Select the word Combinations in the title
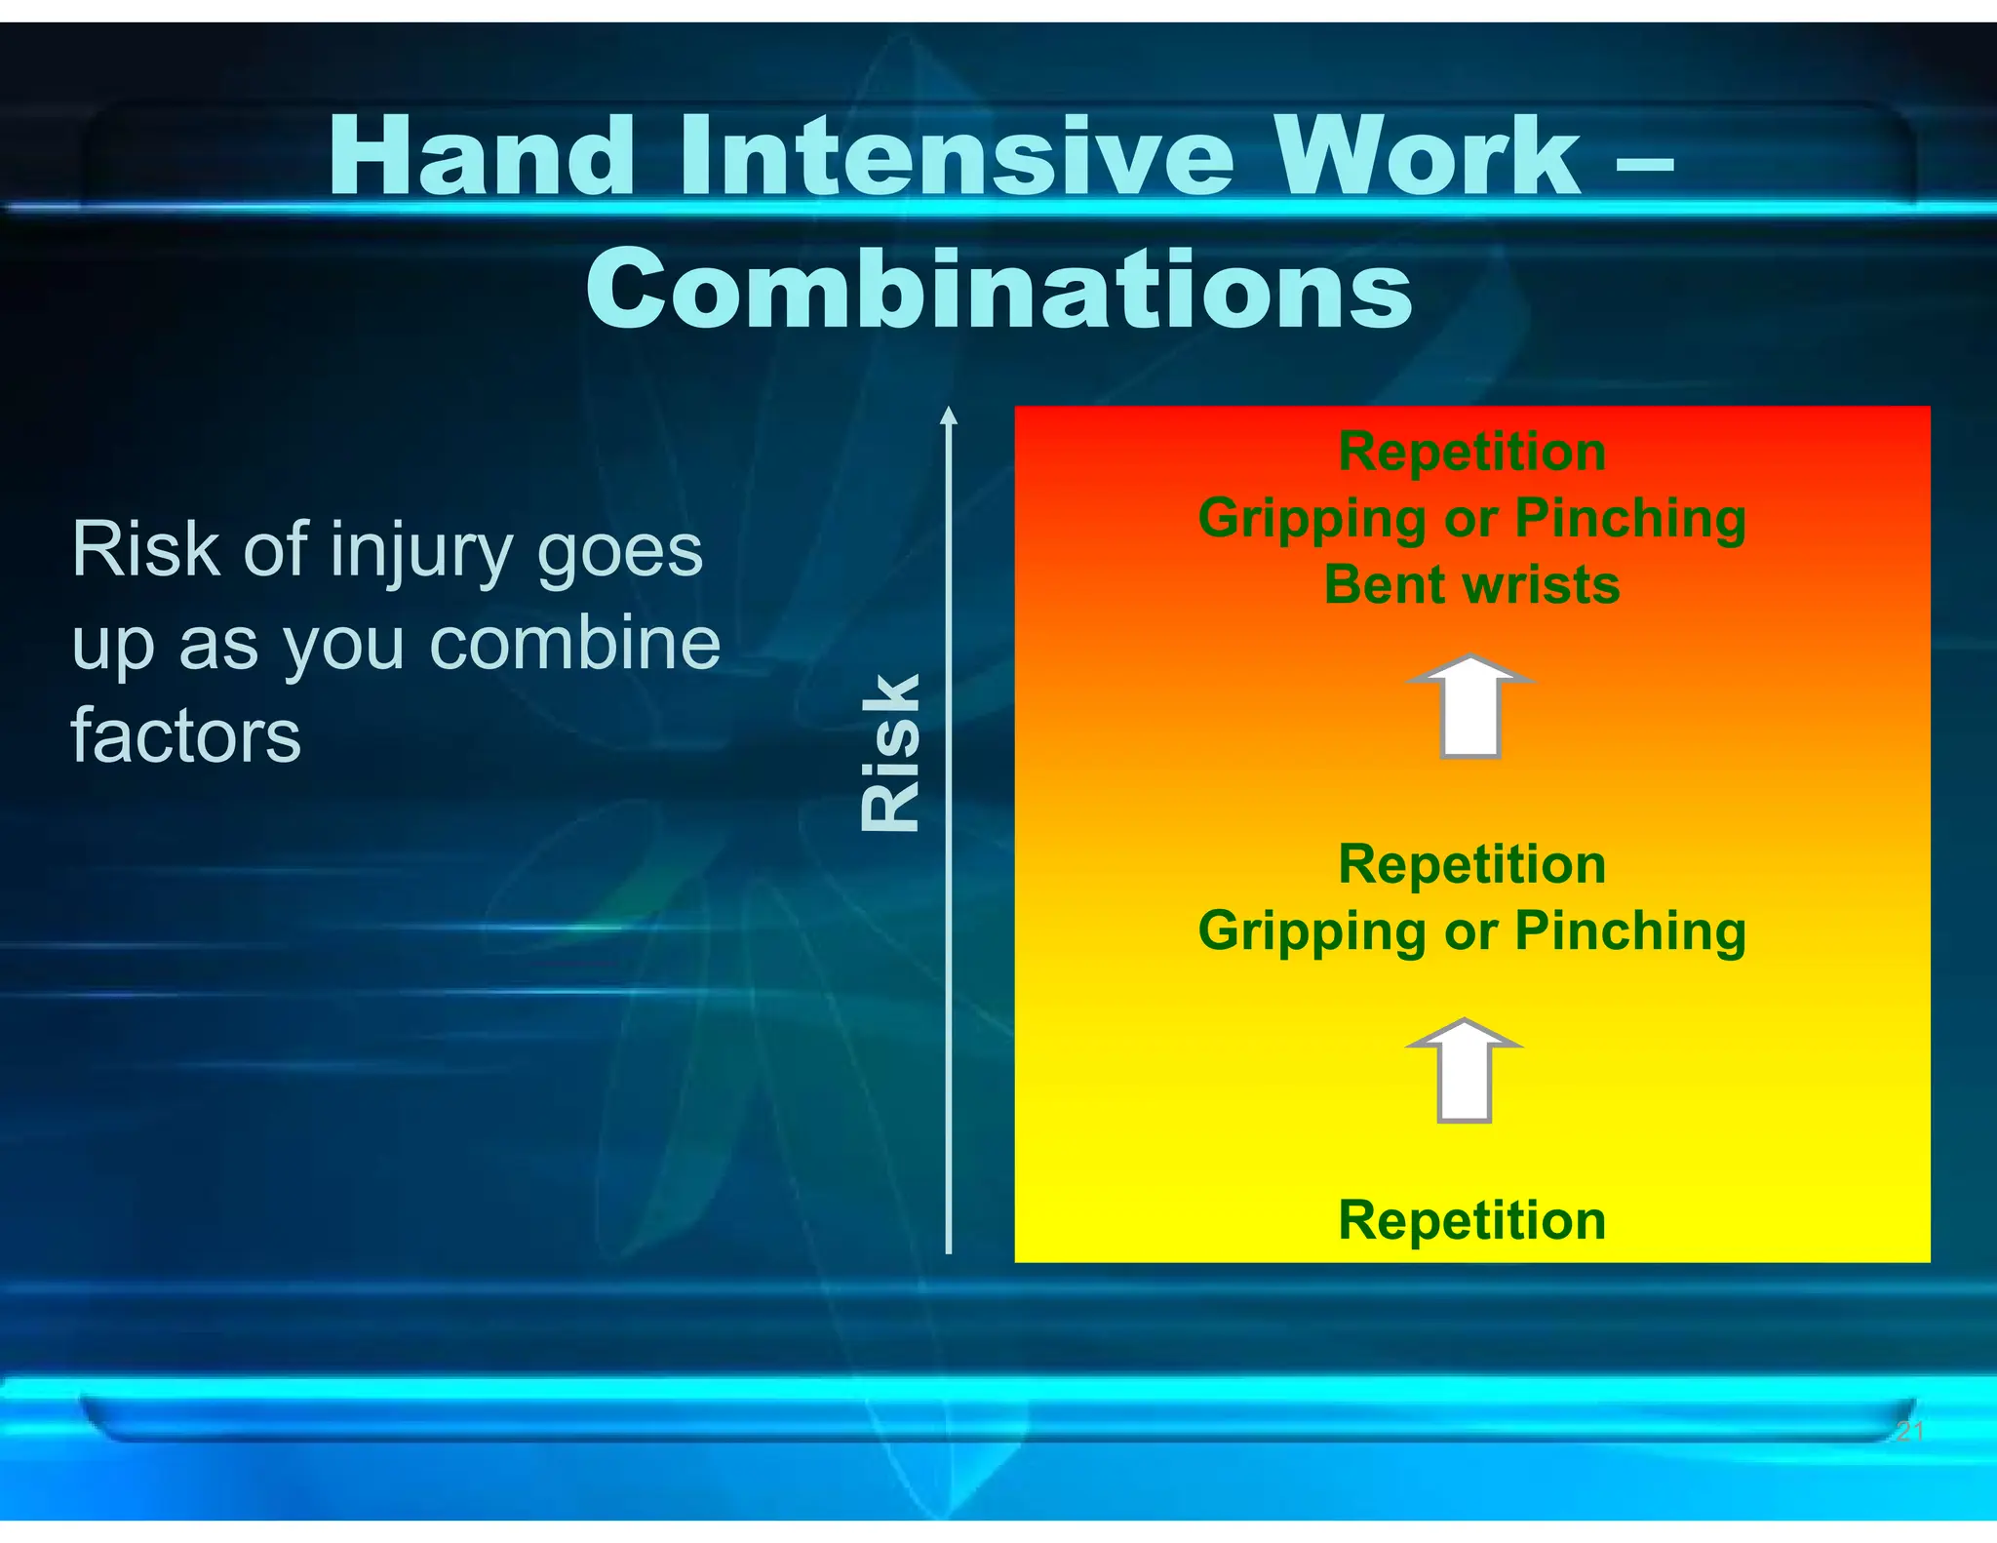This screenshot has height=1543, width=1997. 998,290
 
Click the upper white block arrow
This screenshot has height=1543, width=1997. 1470,706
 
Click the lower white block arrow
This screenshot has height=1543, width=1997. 1465,1070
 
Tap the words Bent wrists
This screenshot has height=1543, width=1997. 1471,584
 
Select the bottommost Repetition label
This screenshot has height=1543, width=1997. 1471,1219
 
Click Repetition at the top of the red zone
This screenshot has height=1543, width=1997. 1471,452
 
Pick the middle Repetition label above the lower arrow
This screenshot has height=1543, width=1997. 1471,864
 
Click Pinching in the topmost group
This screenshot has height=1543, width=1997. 1629,518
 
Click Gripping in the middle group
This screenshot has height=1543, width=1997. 1312,930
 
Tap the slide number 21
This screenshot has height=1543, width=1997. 1909,1431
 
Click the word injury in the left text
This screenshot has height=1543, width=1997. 420,551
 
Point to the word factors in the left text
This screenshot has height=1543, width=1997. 186,735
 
